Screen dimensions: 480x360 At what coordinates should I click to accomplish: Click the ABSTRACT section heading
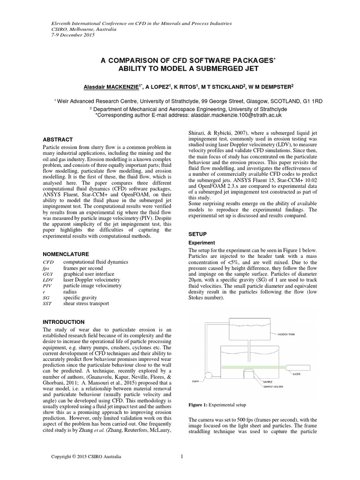click(58, 140)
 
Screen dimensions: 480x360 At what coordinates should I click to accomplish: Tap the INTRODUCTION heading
click(63, 322)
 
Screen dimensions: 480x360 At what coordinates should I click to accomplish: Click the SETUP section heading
click(197, 233)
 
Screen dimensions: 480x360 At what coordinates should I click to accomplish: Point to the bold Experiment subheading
click(201, 243)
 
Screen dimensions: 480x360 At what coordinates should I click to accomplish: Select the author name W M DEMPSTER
click(270, 87)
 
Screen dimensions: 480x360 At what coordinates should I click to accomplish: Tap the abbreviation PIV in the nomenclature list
click(47, 285)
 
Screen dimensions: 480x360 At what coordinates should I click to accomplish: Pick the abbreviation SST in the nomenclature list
click(47, 304)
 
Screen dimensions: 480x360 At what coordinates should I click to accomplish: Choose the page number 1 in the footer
click(181, 456)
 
